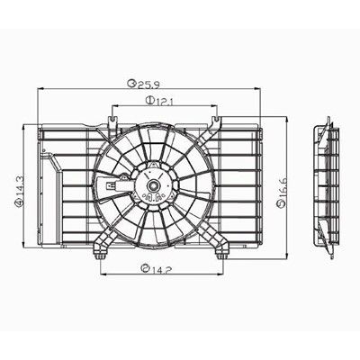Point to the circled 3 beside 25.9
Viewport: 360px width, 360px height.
pos(131,84)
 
